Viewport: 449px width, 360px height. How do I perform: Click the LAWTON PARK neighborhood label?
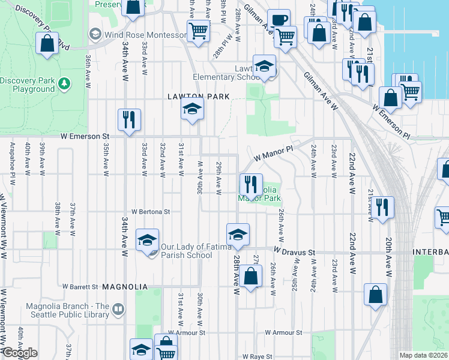click(199, 96)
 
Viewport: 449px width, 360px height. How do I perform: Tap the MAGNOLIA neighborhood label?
click(125, 287)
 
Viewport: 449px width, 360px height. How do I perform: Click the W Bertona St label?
click(151, 212)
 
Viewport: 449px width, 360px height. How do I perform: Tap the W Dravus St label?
click(294, 252)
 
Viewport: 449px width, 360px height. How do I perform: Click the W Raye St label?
click(256, 356)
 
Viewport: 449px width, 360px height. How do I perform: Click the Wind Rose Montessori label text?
click(145, 35)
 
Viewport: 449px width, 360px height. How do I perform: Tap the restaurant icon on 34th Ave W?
click(129, 120)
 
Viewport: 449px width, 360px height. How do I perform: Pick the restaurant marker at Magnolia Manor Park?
click(251, 184)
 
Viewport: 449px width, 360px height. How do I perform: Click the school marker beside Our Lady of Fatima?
click(147, 240)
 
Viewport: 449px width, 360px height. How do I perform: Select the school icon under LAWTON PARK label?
click(193, 109)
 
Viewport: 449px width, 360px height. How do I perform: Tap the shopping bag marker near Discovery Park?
click(47, 44)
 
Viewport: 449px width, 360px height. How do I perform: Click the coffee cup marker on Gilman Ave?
click(278, 20)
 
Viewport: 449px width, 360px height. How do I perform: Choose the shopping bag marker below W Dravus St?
click(252, 277)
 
